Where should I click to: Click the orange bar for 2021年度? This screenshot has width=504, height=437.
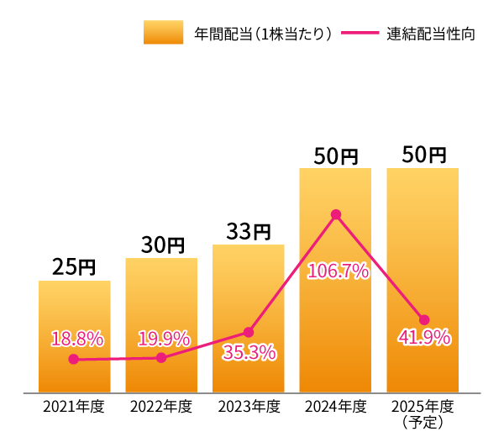pyautogui.click(x=74, y=336)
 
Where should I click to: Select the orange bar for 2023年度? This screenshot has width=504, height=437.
pyautogui.click(x=249, y=319)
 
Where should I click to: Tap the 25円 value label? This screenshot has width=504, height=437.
pyautogui.click(x=74, y=267)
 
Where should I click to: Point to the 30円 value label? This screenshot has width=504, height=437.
pyautogui.click(x=161, y=245)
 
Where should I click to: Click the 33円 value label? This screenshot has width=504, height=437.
pyautogui.click(x=249, y=231)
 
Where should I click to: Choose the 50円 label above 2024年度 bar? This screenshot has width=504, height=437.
pyautogui.click(x=336, y=155)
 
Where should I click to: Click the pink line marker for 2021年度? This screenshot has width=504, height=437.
pyautogui.click(x=74, y=359)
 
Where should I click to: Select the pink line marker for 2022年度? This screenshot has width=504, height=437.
pyautogui.click(x=161, y=358)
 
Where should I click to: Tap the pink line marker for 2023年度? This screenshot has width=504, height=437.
pyautogui.click(x=249, y=332)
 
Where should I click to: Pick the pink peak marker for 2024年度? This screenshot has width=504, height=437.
pyautogui.click(x=336, y=214)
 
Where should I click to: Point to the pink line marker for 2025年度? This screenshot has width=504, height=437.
pyautogui.click(x=423, y=319)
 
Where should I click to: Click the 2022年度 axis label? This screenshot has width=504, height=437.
pyautogui.click(x=161, y=408)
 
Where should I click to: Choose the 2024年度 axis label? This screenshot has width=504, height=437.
pyautogui.click(x=336, y=408)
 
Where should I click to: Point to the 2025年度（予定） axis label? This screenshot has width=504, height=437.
pyautogui.click(x=423, y=413)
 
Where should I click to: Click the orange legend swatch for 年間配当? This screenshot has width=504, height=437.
pyautogui.click(x=163, y=33)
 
